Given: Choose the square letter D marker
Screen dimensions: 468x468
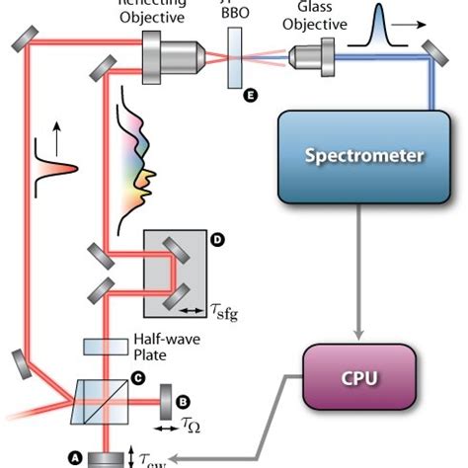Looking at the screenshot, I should pos(216,238).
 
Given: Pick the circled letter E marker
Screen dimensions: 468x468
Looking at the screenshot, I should pos(249,96).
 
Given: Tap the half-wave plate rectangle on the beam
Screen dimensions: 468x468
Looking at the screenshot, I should pos(104,348).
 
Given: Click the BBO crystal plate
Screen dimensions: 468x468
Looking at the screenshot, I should pos(236,57).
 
